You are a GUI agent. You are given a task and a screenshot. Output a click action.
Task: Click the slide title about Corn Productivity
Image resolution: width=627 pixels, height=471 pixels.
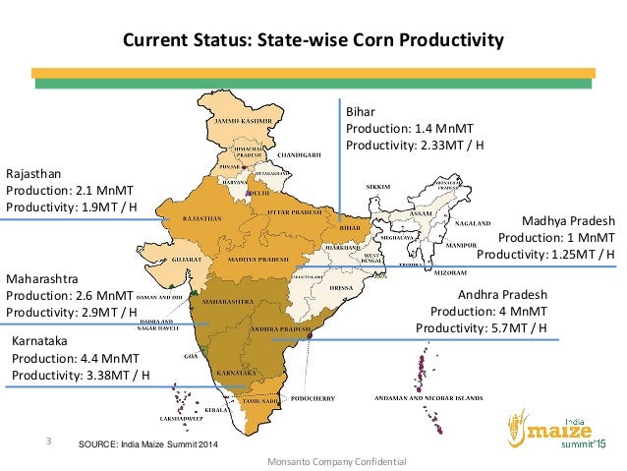click(x=312, y=41)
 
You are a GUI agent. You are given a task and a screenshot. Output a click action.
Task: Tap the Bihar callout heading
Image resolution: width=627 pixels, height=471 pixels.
click(x=360, y=111)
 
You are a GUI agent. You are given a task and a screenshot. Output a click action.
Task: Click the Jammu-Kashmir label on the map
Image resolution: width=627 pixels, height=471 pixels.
click(x=243, y=118)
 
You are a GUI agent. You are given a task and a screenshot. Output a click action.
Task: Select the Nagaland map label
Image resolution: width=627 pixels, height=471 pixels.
click(x=473, y=222)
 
